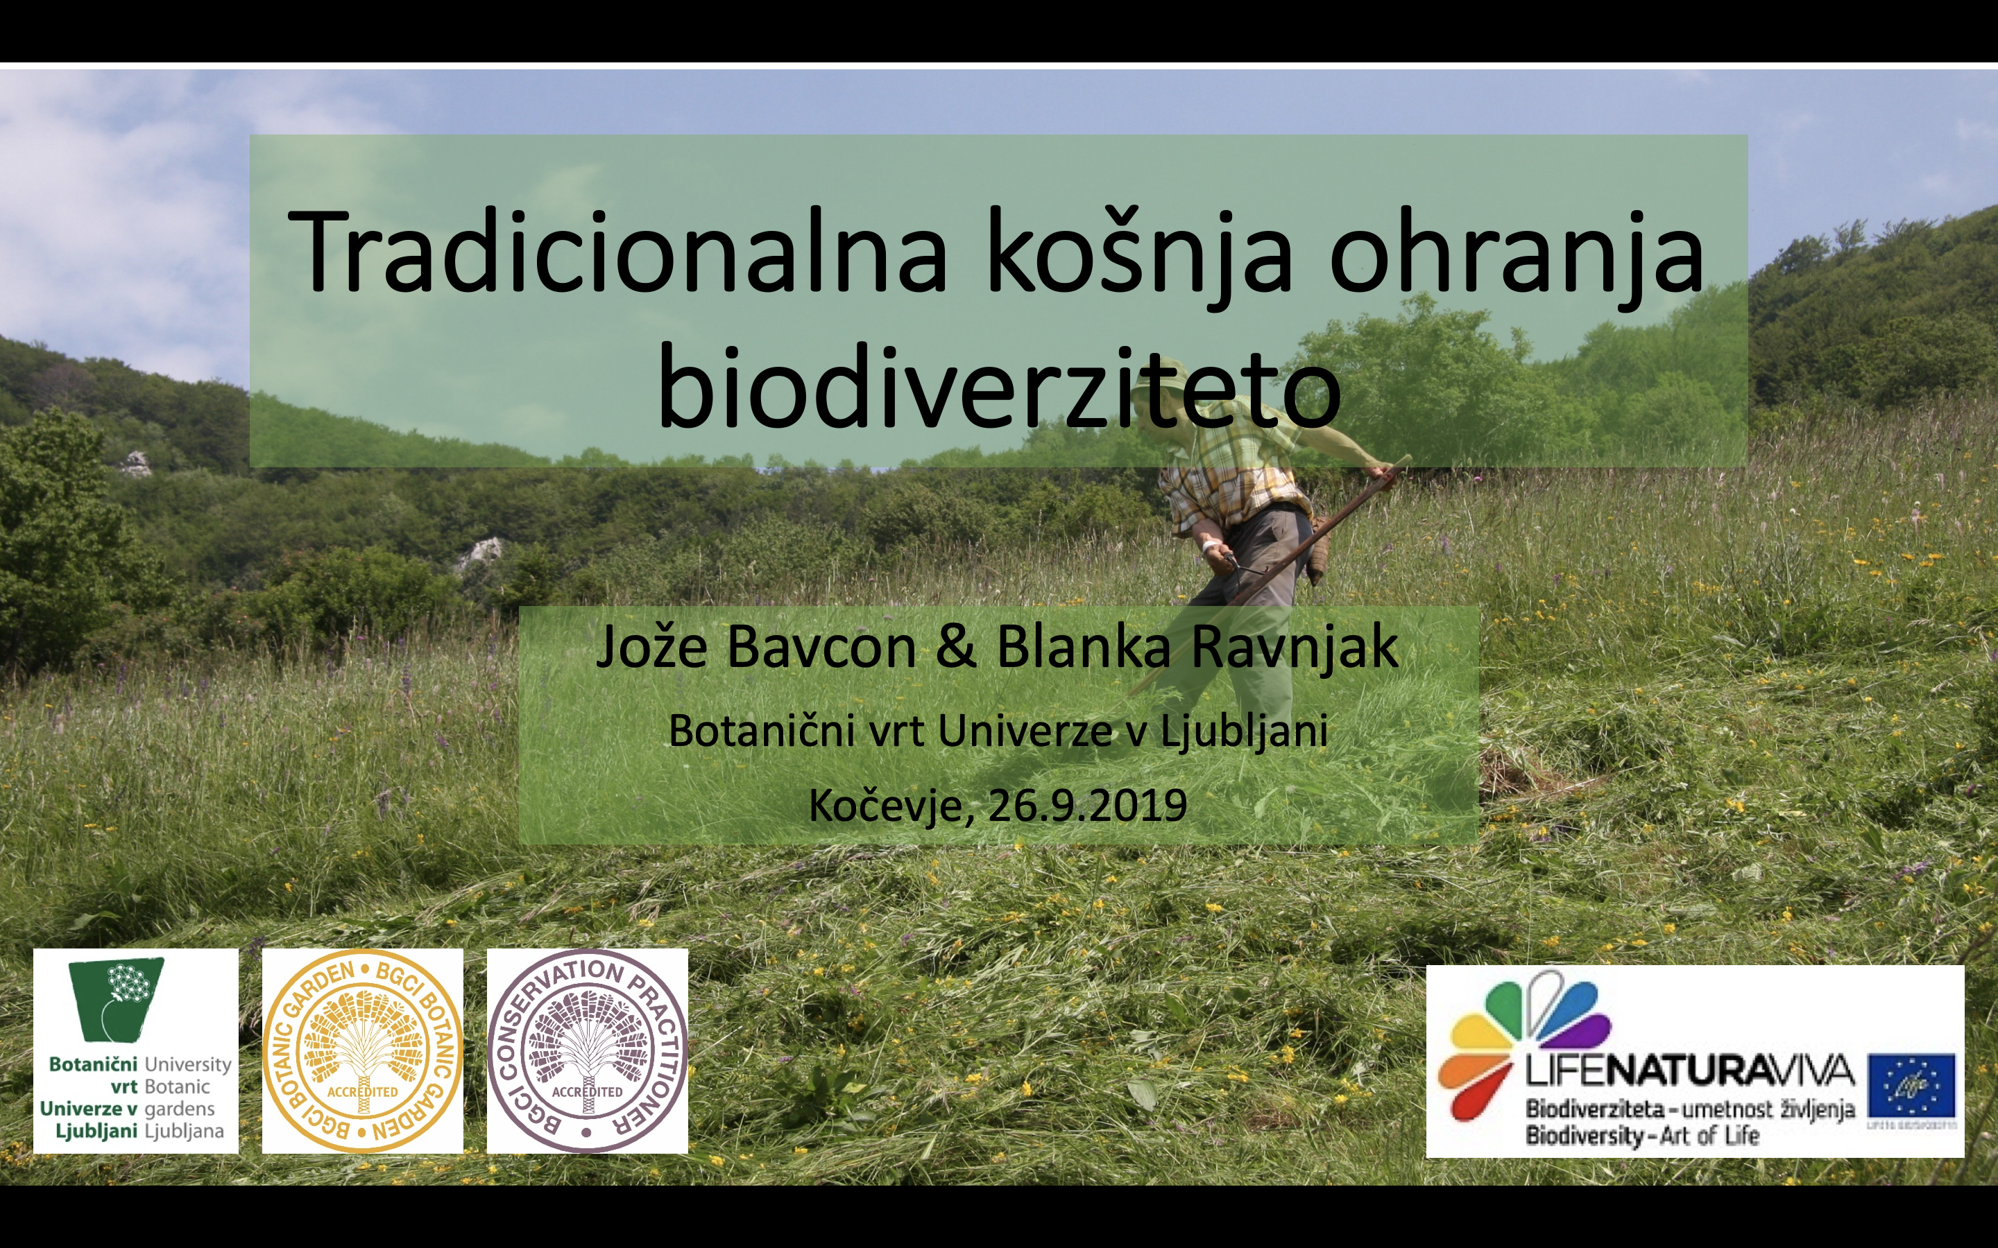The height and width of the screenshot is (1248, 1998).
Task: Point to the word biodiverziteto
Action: (x=998, y=388)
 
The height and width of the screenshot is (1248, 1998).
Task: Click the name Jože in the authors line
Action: (x=651, y=647)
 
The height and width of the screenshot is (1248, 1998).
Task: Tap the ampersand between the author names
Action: (x=955, y=647)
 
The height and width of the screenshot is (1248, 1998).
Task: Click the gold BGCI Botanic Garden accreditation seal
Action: (x=362, y=1050)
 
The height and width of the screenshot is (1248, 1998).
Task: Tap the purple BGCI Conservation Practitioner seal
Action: (x=587, y=1050)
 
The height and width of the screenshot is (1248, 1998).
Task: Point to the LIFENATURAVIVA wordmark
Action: (x=1689, y=1072)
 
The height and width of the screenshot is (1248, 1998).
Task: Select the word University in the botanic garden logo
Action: (x=187, y=1065)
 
